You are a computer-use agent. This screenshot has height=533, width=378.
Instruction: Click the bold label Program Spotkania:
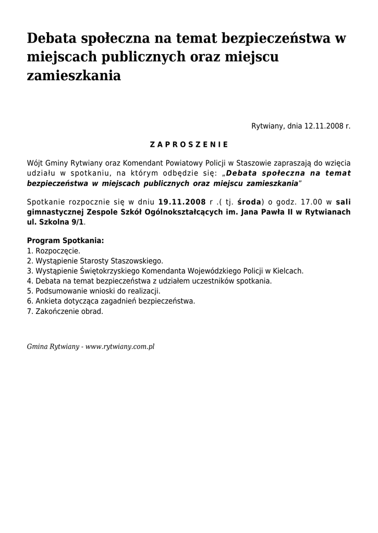click(65, 241)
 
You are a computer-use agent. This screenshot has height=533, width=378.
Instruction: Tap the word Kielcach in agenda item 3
click(289, 271)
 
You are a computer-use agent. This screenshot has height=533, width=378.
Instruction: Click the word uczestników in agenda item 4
click(216, 281)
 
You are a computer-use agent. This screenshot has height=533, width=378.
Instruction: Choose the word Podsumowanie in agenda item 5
click(58, 291)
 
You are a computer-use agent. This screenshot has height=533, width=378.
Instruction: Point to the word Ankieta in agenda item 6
click(47, 301)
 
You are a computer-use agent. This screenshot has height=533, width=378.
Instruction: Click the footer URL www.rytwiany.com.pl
click(120, 346)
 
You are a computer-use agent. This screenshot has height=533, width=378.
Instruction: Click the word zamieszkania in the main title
click(74, 75)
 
